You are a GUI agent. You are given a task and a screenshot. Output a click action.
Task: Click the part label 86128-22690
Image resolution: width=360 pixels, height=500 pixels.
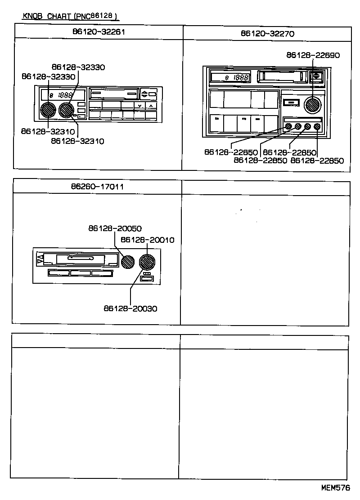click(313, 55)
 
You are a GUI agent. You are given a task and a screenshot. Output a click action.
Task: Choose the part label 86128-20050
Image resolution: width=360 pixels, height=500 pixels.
click(115, 229)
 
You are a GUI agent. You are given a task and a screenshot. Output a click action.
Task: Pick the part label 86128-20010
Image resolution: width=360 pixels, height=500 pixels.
click(148, 240)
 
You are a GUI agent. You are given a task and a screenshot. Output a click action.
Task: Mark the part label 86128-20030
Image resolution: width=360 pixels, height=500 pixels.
click(130, 308)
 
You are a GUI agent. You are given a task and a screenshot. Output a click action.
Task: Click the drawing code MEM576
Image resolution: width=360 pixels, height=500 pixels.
click(335, 487)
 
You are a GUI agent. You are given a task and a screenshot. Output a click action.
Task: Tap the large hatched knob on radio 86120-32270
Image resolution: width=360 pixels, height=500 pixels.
click(311, 104)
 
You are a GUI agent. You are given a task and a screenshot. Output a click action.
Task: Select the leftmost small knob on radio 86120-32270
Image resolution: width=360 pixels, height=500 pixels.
click(288, 127)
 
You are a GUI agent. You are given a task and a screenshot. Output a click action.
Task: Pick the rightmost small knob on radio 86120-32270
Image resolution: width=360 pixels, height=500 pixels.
click(317, 127)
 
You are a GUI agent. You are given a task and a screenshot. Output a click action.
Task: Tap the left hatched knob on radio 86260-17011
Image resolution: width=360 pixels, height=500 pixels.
click(128, 261)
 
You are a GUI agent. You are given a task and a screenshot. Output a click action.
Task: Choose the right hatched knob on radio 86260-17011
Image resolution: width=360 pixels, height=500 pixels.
click(147, 261)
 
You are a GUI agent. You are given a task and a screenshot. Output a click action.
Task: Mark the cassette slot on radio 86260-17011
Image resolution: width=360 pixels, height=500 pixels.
click(80, 259)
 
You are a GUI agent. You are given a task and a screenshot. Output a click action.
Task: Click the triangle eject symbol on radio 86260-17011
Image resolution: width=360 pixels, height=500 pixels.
click(40, 259)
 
